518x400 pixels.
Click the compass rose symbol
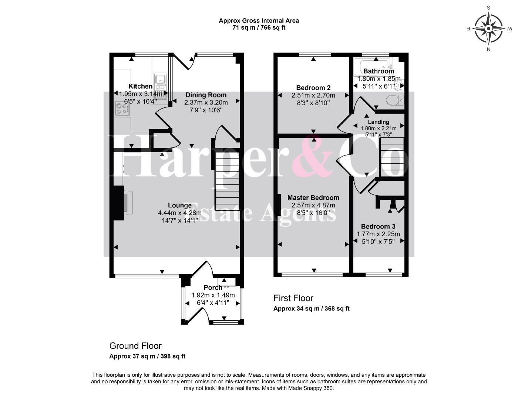(x=488, y=29)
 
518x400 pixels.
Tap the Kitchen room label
(x=140, y=86)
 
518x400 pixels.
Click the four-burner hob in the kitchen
(x=122, y=109)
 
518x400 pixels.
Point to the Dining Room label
(x=206, y=95)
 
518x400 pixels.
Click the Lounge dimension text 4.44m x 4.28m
(x=180, y=213)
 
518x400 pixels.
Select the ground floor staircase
(x=227, y=181)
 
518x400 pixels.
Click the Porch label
(x=213, y=288)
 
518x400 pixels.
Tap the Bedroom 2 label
(x=313, y=88)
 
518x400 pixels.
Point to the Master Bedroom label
(x=313, y=198)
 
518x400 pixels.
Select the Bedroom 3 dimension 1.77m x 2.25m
(x=378, y=234)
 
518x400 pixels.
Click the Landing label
(x=378, y=122)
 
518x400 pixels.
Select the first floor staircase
(x=392, y=157)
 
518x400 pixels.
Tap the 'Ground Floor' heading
(x=135, y=346)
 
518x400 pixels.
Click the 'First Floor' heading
(x=293, y=298)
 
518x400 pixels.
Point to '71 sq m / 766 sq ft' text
(x=259, y=28)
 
